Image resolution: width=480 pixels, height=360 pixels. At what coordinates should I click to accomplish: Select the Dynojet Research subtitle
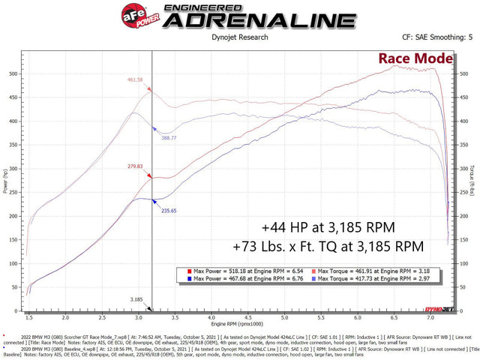coord(239,36)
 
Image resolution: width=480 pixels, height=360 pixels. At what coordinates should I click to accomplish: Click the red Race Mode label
coord(415,58)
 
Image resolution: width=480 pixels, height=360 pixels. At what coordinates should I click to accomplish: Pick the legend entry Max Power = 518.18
coord(241,268)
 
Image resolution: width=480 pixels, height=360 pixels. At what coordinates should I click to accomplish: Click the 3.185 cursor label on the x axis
coord(136,299)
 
